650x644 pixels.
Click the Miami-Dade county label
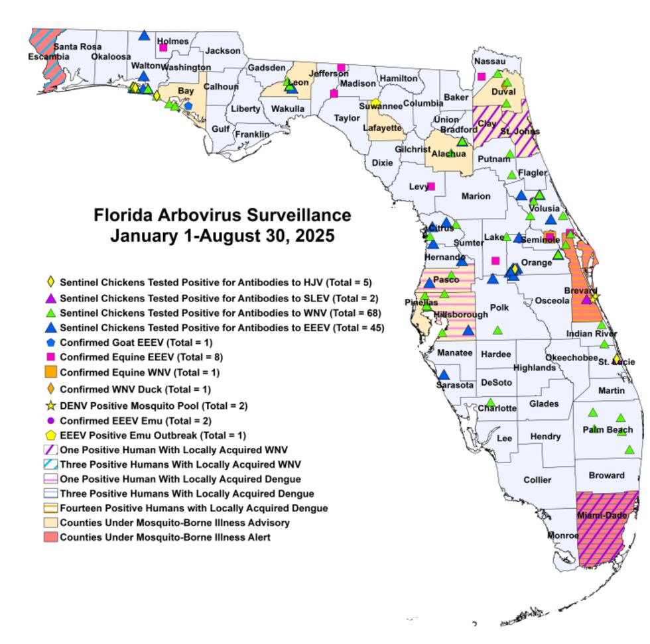tap(602, 515)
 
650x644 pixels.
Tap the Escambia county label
tap(48, 57)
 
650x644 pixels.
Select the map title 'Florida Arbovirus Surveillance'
tap(222, 216)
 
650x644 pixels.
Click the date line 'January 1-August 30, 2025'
tap(222, 237)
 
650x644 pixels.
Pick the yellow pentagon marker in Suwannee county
tap(375, 103)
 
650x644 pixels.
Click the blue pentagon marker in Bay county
tap(188, 105)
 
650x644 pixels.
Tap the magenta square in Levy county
tap(431, 186)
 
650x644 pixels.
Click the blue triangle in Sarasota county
tap(444, 375)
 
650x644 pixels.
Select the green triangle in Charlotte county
tap(490, 402)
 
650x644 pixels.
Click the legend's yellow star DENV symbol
tap(51, 405)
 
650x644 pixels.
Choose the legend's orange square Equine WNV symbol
tap(51, 372)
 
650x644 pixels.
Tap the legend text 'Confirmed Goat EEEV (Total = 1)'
tap(136, 343)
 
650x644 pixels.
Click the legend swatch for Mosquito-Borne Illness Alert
tap(51, 537)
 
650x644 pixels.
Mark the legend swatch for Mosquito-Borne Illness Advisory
tap(51, 523)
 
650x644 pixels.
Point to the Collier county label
tap(537, 480)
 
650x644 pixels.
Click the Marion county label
tap(476, 196)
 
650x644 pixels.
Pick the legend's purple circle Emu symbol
tap(51, 420)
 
